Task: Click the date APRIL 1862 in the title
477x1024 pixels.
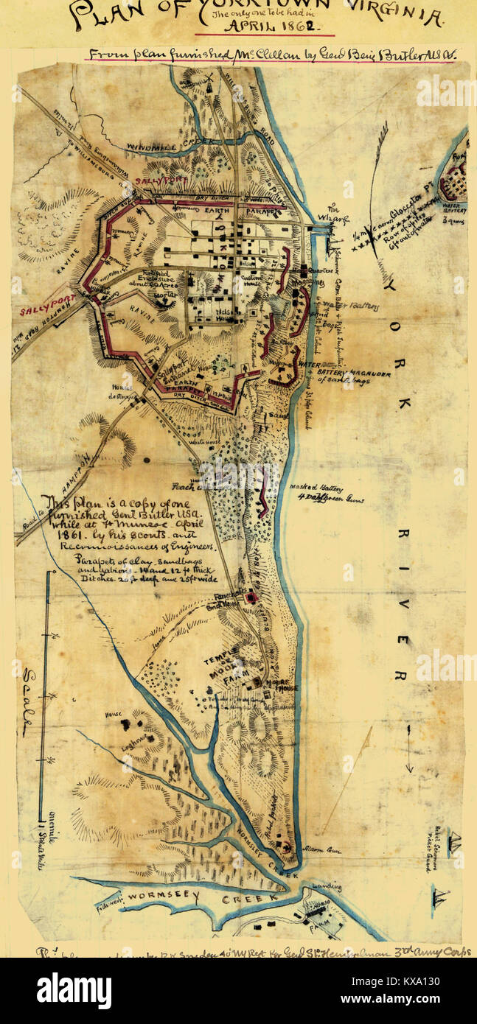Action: pos(264,28)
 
